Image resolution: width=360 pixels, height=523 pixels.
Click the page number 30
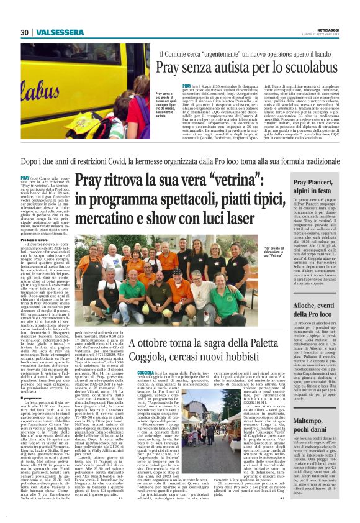[x=24, y=32]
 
